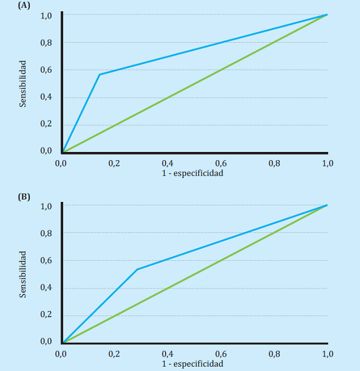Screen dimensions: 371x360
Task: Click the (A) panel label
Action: pyautogui.click(x=24, y=5)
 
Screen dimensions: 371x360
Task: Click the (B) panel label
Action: pyautogui.click(x=24, y=196)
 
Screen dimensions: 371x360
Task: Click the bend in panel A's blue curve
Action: pyautogui.click(x=100, y=74)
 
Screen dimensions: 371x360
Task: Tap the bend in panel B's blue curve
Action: pyautogui.click(x=137, y=270)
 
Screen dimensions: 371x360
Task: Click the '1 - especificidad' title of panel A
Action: pyautogui.click(x=193, y=173)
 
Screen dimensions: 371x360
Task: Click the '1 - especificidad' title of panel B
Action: pyautogui.click(x=193, y=364)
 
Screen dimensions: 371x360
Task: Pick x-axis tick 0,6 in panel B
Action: pyautogui.click(x=221, y=354)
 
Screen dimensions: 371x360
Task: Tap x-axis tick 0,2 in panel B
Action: pyautogui.click(x=115, y=354)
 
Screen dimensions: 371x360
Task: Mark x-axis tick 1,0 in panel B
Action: pyautogui.click(x=327, y=354)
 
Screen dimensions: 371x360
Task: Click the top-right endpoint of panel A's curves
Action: pyautogui.click(x=327, y=15)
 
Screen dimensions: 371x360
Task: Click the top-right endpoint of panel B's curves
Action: pyautogui.click(x=327, y=206)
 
